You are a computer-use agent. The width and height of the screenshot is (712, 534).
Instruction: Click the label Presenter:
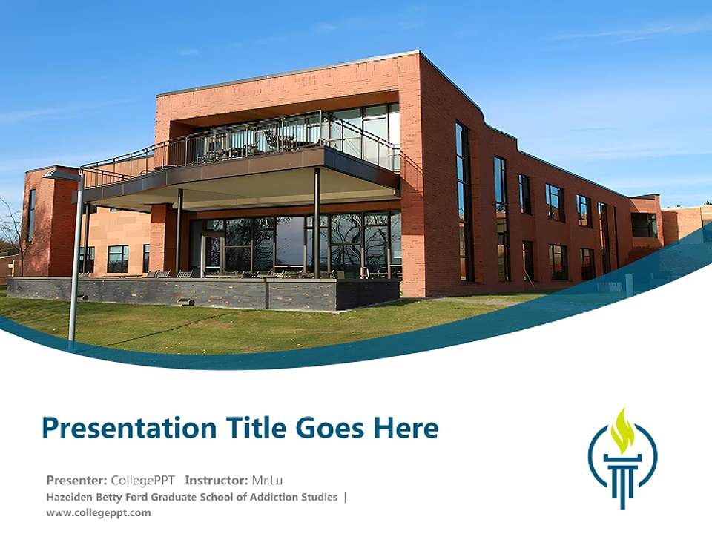click(x=76, y=480)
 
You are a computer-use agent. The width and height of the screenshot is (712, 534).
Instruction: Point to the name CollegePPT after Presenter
click(x=142, y=480)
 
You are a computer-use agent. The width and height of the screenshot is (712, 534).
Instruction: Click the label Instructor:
click(x=217, y=480)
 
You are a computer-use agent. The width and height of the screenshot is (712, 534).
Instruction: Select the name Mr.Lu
click(x=267, y=480)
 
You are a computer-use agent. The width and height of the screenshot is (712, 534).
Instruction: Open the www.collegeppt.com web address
click(x=98, y=512)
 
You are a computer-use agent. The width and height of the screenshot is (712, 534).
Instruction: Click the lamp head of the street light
click(x=62, y=175)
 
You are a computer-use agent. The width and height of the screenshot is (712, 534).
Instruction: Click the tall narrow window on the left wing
click(x=31, y=215)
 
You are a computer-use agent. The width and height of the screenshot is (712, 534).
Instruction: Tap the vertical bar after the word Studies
click(x=346, y=497)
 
